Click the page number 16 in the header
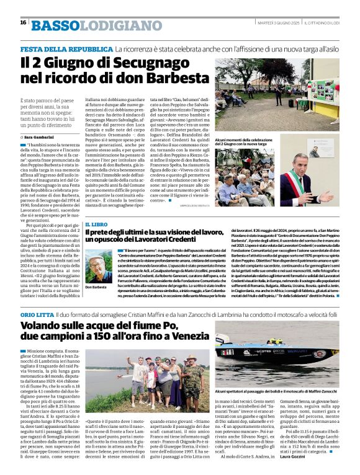pyautogui.click(x=23, y=22)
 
